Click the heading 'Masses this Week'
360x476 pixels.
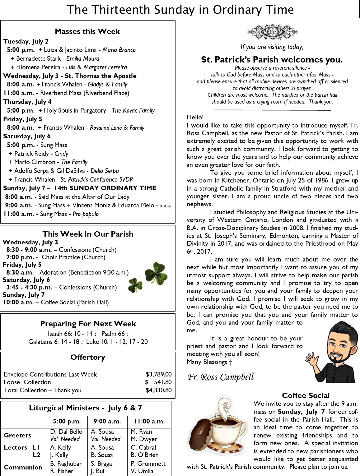(x=87, y=31)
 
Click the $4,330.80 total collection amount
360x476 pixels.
(x=158, y=390)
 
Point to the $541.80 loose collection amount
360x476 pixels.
(x=158, y=382)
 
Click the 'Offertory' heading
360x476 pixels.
(x=88, y=357)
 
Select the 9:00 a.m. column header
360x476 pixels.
(x=107, y=422)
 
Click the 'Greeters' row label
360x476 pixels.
(x=17, y=435)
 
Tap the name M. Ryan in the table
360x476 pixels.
(x=142, y=432)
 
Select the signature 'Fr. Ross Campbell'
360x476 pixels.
(x=221, y=377)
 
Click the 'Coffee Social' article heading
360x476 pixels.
(x=306, y=395)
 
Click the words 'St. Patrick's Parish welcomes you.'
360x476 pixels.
(x=272, y=59)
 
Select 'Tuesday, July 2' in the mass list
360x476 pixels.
(x=26, y=41)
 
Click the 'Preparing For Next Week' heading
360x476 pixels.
(x=88, y=324)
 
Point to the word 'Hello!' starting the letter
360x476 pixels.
(x=195, y=117)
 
